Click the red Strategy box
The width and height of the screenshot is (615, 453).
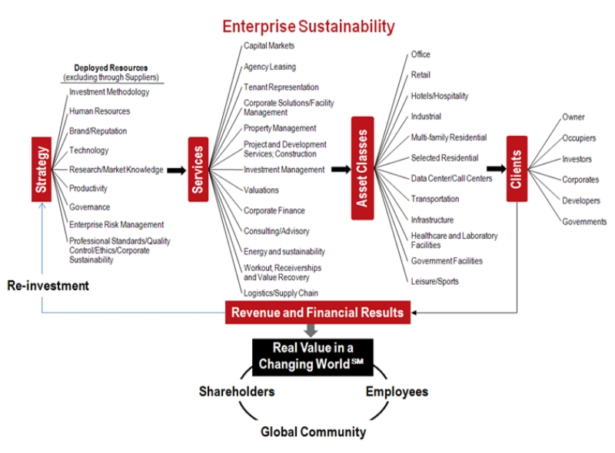click(42, 169)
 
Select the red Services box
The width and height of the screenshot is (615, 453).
click(198, 169)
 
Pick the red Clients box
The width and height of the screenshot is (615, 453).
click(517, 168)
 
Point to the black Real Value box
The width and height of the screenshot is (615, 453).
click(311, 357)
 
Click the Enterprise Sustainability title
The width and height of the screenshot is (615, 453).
click(308, 27)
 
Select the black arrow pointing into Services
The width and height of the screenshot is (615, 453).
click(176, 170)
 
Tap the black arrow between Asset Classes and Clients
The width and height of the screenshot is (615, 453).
click(494, 168)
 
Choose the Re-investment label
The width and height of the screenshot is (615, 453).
click(48, 286)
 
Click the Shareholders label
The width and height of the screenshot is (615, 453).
click(237, 392)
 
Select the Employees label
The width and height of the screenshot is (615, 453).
click(397, 392)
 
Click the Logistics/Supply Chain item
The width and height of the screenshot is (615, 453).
click(281, 293)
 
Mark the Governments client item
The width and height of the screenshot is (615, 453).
click(584, 221)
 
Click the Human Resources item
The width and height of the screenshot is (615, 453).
click(99, 111)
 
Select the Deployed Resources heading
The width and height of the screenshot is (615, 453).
click(111, 68)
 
